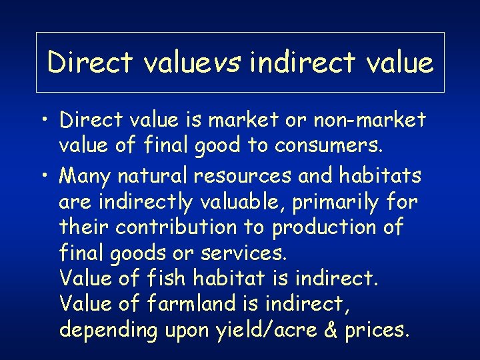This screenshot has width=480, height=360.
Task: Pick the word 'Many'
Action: point(85,176)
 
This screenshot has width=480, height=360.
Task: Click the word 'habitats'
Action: point(380,176)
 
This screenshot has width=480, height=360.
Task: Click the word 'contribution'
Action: point(176,227)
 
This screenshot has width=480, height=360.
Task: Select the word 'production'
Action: point(320,227)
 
